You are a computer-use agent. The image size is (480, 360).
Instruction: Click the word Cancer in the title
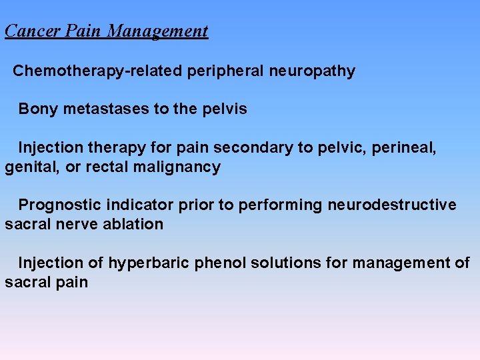(29, 31)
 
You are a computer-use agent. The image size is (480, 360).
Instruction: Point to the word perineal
(407, 147)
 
